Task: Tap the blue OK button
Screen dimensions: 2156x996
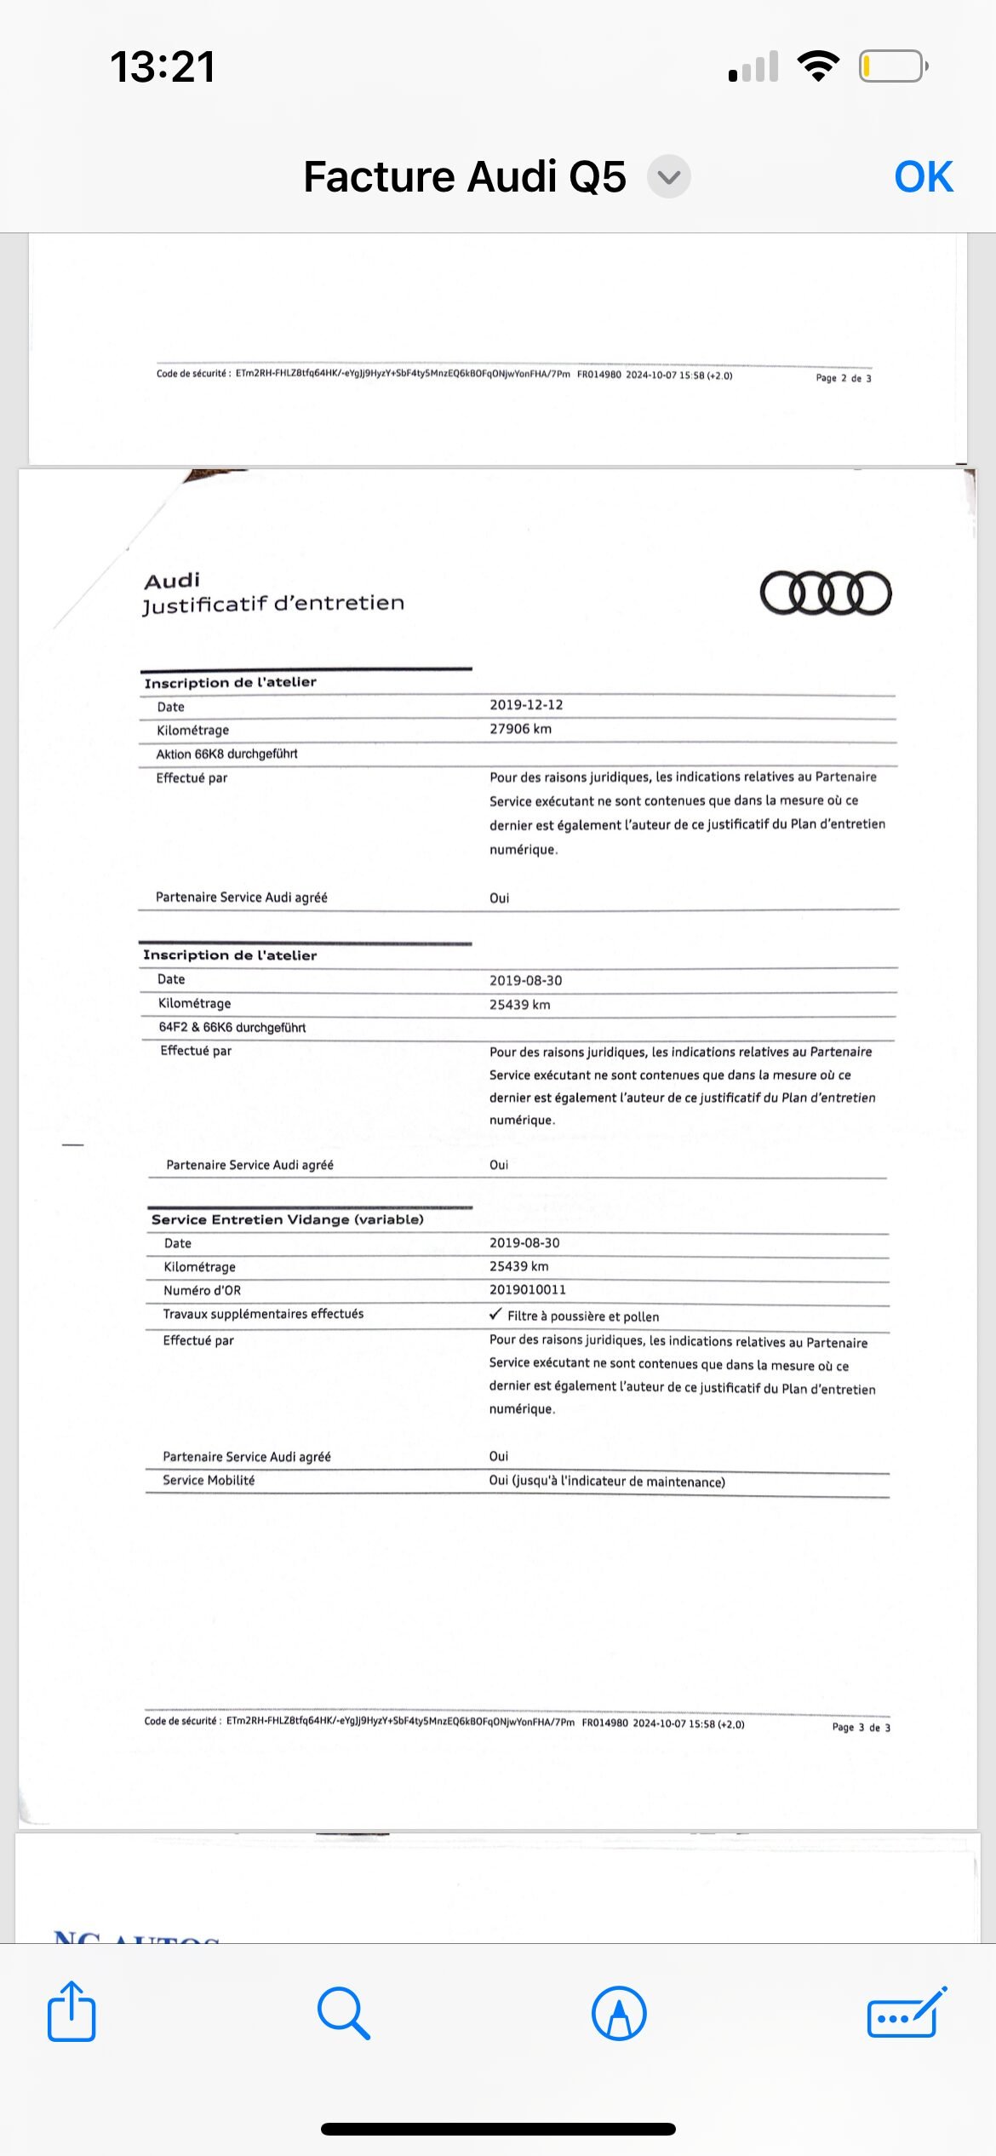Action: (x=923, y=177)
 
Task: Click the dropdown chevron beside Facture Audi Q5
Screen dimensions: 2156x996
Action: (x=669, y=177)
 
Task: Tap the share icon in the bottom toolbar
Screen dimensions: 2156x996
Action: (x=72, y=2012)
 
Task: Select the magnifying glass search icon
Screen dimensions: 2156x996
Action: (x=343, y=2013)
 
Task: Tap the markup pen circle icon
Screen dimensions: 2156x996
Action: (x=619, y=2013)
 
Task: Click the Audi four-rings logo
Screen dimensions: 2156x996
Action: (x=825, y=593)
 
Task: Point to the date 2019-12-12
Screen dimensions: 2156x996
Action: (x=526, y=705)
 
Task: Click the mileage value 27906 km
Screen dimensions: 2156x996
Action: (x=520, y=729)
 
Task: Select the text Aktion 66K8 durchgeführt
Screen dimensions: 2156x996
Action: (x=226, y=754)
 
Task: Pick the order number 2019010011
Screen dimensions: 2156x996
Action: (x=527, y=1290)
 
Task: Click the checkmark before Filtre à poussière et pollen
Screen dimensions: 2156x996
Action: (x=495, y=1315)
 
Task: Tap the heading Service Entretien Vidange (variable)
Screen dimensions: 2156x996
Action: (x=287, y=1219)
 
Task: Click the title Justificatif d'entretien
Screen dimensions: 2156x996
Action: (x=273, y=604)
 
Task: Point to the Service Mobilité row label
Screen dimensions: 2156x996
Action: (x=209, y=1481)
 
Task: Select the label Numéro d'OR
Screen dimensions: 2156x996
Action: (x=202, y=1291)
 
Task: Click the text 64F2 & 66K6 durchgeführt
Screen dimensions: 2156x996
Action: (x=232, y=1027)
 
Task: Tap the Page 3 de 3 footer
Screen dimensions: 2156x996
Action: (x=861, y=1727)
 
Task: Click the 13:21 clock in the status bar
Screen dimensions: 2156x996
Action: (x=162, y=66)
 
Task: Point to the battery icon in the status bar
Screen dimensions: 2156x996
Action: (x=892, y=66)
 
